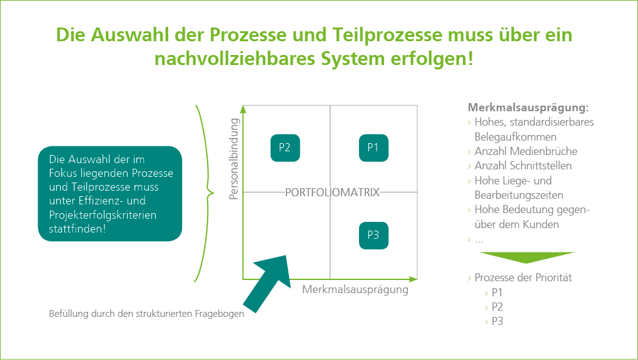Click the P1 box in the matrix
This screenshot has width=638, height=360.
[x=373, y=148]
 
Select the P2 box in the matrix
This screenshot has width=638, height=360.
[x=285, y=148]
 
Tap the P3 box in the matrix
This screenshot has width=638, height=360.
[x=373, y=236]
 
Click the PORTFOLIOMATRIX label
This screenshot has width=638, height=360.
[x=332, y=192]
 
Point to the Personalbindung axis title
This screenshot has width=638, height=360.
[x=235, y=159]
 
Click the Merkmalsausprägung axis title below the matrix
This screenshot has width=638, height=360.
[x=355, y=290]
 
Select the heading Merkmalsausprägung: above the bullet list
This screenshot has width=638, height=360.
[x=528, y=107]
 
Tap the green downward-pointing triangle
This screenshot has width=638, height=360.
[x=527, y=257]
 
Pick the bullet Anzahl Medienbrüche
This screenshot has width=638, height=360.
[x=525, y=151]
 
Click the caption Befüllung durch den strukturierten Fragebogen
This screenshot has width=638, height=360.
[x=146, y=314]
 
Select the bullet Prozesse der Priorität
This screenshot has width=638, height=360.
[x=523, y=277]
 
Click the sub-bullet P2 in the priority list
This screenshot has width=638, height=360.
[x=497, y=307]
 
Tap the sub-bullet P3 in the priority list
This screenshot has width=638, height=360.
[x=497, y=321]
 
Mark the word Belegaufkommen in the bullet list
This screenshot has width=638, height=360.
[x=515, y=136]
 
